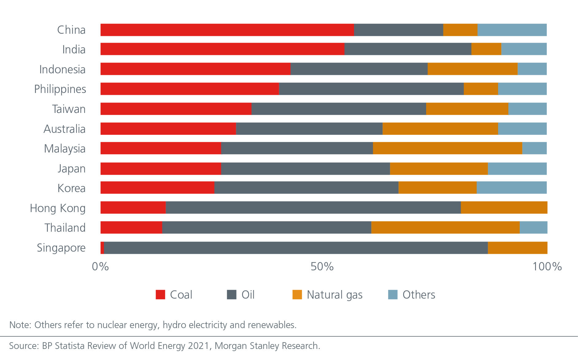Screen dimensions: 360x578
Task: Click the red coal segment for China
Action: tap(227, 30)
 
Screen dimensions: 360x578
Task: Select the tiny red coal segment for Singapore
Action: tap(102, 248)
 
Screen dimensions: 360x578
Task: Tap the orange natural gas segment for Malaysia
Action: tap(447, 148)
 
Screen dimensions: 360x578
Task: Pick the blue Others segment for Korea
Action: tap(511, 188)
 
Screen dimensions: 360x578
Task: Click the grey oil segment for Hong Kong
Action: tap(313, 207)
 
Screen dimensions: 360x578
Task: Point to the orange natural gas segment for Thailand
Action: tap(445, 227)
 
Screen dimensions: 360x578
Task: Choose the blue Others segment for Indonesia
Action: tap(532, 69)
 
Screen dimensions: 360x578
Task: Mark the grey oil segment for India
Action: tap(408, 49)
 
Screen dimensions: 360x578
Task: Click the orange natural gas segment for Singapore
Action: tap(518, 248)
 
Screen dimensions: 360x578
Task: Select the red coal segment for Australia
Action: tap(168, 129)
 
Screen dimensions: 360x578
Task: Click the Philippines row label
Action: tap(60, 89)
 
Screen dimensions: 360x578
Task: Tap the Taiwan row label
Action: tap(69, 109)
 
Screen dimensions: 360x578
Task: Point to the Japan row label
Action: tap(71, 168)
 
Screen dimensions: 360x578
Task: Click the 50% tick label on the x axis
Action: tap(322, 266)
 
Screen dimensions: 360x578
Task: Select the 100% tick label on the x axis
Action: tap(547, 266)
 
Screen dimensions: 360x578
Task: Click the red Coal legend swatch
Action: tap(160, 295)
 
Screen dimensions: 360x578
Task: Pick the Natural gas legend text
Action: tap(334, 295)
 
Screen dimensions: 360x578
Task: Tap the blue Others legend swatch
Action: tap(393, 295)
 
